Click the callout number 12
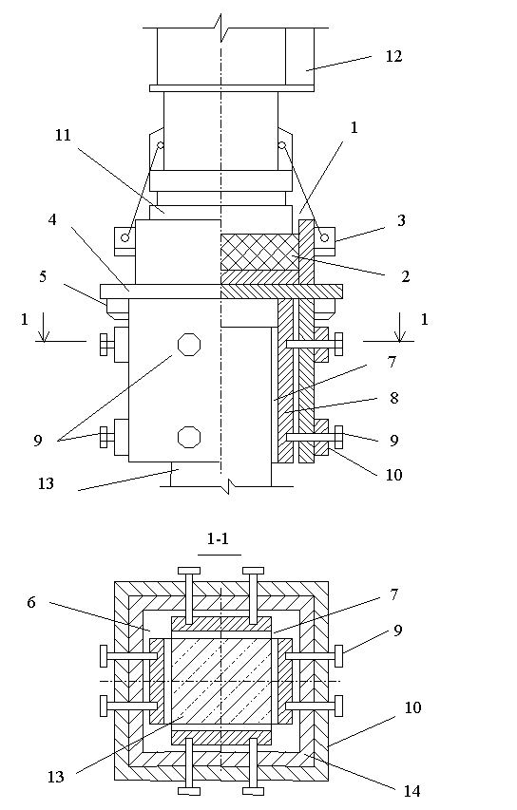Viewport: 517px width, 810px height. [x=393, y=56]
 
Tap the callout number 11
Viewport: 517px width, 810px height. [x=63, y=136]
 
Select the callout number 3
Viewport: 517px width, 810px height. [x=401, y=220]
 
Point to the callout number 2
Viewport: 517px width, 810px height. [x=405, y=276]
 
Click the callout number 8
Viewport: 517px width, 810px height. [x=394, y=398]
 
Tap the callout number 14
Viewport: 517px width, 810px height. [x=412, y=791]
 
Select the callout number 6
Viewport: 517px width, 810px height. [x=31, y=602]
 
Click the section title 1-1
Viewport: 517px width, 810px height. [x=218, y=538]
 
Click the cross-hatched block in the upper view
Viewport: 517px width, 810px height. [x=259, y=252]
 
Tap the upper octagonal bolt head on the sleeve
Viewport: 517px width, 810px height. [x=189, y=344]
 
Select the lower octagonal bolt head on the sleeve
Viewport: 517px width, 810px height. [x=189, y=437]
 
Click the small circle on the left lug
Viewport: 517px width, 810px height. [x=125, y=237]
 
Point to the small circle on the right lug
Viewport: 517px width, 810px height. [x=324, y=237]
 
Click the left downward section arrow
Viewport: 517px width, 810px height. [x=44, y=327]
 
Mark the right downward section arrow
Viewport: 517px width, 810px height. [x=399, y=327]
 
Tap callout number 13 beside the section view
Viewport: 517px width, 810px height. [x=55, y=777]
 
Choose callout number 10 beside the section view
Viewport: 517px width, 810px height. [x=412, y=707]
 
